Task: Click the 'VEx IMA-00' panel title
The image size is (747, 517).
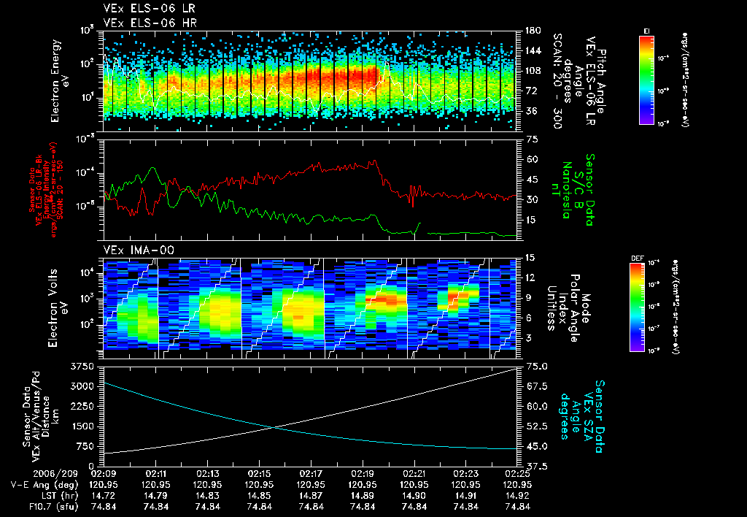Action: point(139,250)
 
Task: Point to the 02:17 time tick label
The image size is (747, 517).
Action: point(311,474)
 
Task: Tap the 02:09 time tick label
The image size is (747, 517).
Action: point(105,474)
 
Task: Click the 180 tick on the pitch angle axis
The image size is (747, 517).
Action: point(532,31)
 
